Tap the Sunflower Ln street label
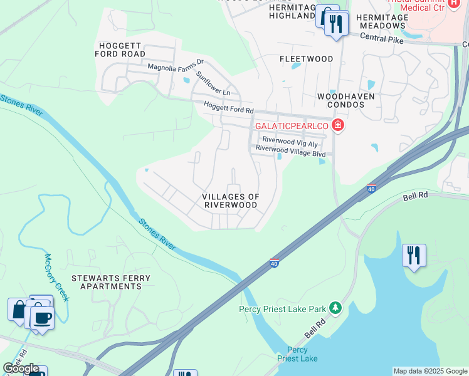coord(213,83)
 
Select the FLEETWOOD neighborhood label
coord(306,59)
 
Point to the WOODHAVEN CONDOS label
coord(345,100)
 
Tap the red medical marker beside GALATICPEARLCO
coord(338,126)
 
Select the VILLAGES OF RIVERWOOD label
coord(230,201)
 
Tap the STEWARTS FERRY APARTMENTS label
coord(106,281)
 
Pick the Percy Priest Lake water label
coord(297,354)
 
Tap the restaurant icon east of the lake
coord(414,255)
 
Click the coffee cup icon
coord(42,317)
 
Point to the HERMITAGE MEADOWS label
coord(381,21)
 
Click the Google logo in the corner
coord(21,368)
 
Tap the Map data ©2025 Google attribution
coord(430,371)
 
